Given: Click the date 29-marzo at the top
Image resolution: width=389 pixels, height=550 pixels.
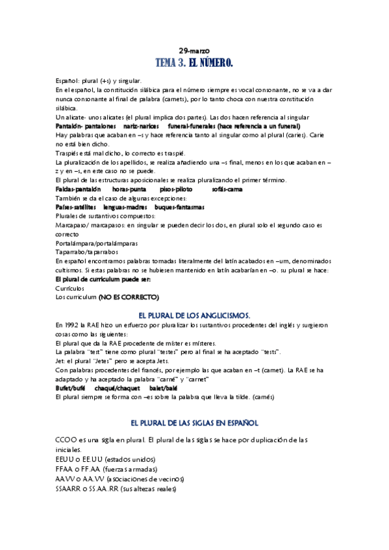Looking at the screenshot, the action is pyautogui.click(x=194, y=51).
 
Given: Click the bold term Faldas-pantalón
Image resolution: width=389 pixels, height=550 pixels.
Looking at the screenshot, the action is pyautogui.click(x=79, y=188).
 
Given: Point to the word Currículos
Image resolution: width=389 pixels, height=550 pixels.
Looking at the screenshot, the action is pyautogui.click(x=70, y=287).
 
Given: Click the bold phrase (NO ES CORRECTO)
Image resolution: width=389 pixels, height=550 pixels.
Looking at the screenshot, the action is pyautogui.click(x=129, y=296).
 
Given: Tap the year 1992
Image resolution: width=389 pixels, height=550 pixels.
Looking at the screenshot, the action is pyautogui.click(x=71, y=325).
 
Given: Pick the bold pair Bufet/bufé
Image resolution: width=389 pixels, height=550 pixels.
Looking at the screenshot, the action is pyautogui.click(x=71, y=387).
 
